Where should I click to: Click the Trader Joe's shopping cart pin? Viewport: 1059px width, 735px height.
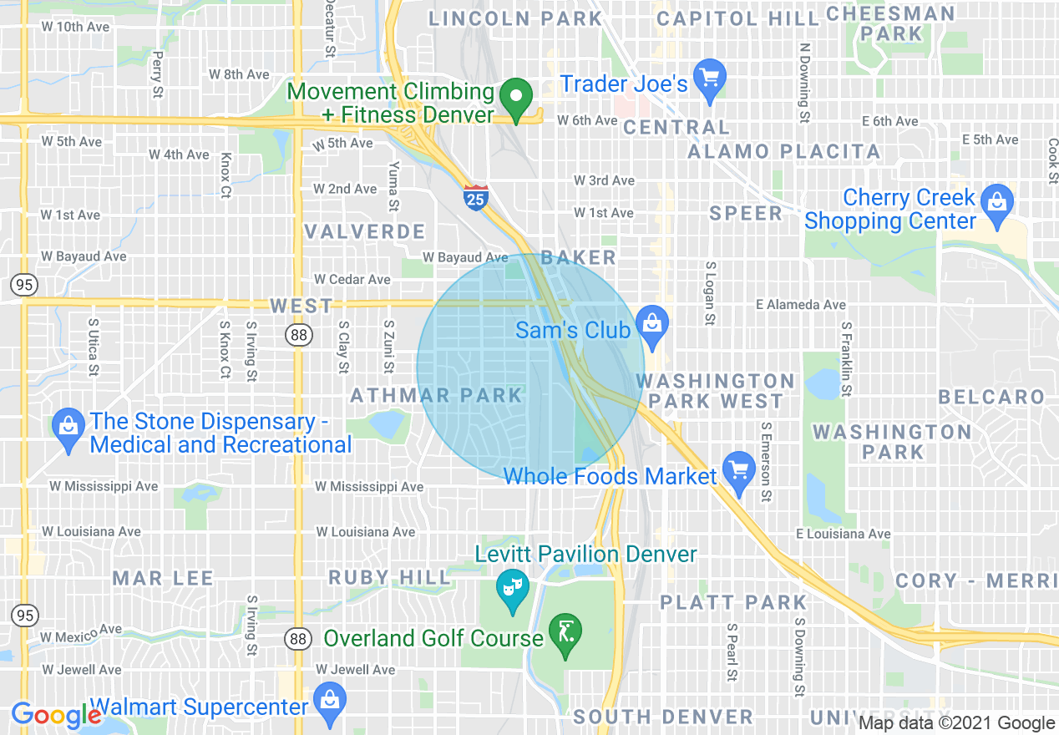(709, 80)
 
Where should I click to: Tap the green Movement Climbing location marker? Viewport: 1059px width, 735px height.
(516, 99)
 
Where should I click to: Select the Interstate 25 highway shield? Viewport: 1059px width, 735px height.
(474, 198)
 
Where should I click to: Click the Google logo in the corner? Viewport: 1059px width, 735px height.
(56, 716)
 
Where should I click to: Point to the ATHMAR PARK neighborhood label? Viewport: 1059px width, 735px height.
(436, 395)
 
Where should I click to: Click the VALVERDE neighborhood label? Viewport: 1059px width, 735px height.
(365, 231)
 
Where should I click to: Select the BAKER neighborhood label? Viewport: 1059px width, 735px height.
(579, 257)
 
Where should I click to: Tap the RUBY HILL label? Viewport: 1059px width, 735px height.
(389, 577)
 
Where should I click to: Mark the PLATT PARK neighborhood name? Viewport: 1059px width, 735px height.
(733, 602)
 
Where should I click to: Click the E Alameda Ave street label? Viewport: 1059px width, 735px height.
(800, 305)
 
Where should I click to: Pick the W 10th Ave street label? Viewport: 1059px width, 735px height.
(76, 27)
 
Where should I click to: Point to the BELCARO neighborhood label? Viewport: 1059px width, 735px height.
(991, 397)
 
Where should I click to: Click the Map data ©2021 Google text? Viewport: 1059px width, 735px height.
(957, 723)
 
